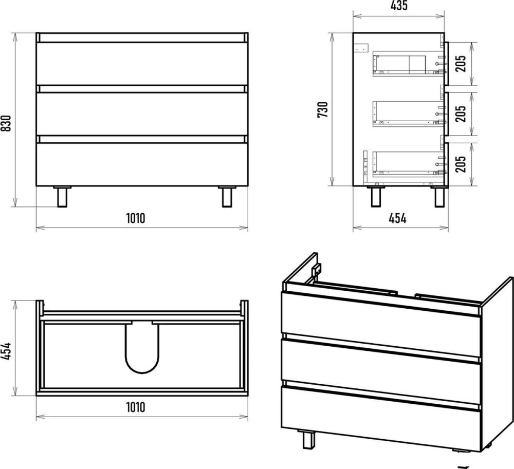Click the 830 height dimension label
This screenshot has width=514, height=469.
tap(7, 123)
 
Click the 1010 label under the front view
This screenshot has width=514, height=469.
tap(135, 218)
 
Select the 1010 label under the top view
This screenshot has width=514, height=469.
tap(135, 407)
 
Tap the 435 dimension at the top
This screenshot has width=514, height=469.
tap(399, 6)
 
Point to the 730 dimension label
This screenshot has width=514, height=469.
tap(323, 110)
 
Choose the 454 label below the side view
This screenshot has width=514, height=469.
tap(397, 218)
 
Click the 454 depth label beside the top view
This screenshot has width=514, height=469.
tap(7, 351)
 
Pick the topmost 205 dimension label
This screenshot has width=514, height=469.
tap(461, 64)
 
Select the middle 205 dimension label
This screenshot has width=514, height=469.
tap(461, 114)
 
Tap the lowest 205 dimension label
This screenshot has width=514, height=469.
tap(461, 164)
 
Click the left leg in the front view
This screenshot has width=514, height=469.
tap(62, 197)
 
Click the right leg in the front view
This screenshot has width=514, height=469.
tap(227, 197)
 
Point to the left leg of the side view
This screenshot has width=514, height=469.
tap(376, 197)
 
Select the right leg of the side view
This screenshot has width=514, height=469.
tap(439, 197)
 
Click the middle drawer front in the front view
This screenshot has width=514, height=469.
tap(142, 114)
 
